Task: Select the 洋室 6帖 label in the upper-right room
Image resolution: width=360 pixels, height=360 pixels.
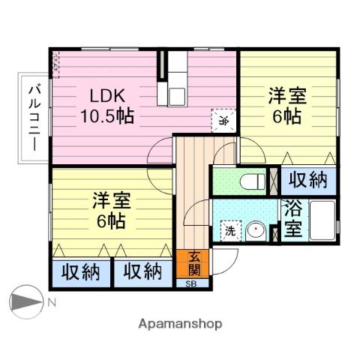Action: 287,106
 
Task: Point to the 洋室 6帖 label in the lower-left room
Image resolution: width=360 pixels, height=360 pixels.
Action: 110,211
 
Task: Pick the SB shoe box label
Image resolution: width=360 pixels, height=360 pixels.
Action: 193,283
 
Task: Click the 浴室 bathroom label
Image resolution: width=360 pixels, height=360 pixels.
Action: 293,221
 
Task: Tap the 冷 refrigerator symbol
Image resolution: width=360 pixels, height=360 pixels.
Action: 223,118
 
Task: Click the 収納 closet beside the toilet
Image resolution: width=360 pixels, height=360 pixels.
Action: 306,181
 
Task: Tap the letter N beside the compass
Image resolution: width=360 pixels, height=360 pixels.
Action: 52,304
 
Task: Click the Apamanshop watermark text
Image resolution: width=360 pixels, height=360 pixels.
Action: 180,325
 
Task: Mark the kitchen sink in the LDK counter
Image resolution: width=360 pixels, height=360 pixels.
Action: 177,96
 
